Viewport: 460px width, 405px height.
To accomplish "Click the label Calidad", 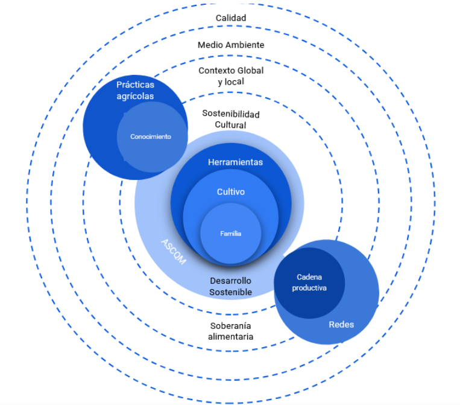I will point(231,18).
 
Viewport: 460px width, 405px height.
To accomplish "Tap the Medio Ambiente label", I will point(231,45).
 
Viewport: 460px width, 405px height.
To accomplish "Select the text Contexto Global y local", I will point(231,75).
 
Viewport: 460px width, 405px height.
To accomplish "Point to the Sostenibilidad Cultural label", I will point(231,119).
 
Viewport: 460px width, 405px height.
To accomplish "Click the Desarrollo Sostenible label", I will point(231,286).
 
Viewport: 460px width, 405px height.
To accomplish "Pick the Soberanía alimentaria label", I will point(231,331).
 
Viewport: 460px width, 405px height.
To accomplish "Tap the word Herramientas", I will point(235,162).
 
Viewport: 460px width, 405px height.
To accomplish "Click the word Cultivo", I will point(231,192).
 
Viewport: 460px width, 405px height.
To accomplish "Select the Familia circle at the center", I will point(231,234).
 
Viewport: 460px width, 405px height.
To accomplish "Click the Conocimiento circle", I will point(151,136).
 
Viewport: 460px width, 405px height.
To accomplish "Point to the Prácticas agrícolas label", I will point(135,91).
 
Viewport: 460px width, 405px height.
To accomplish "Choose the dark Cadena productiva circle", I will point(309,282).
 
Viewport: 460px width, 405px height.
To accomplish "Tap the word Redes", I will point(341,325).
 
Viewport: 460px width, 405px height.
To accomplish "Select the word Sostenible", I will point(231,292).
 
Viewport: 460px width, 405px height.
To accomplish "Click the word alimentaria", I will point(231,337).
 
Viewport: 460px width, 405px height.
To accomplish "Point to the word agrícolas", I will point(135,96).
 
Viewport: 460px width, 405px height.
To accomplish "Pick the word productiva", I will point(309,288).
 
